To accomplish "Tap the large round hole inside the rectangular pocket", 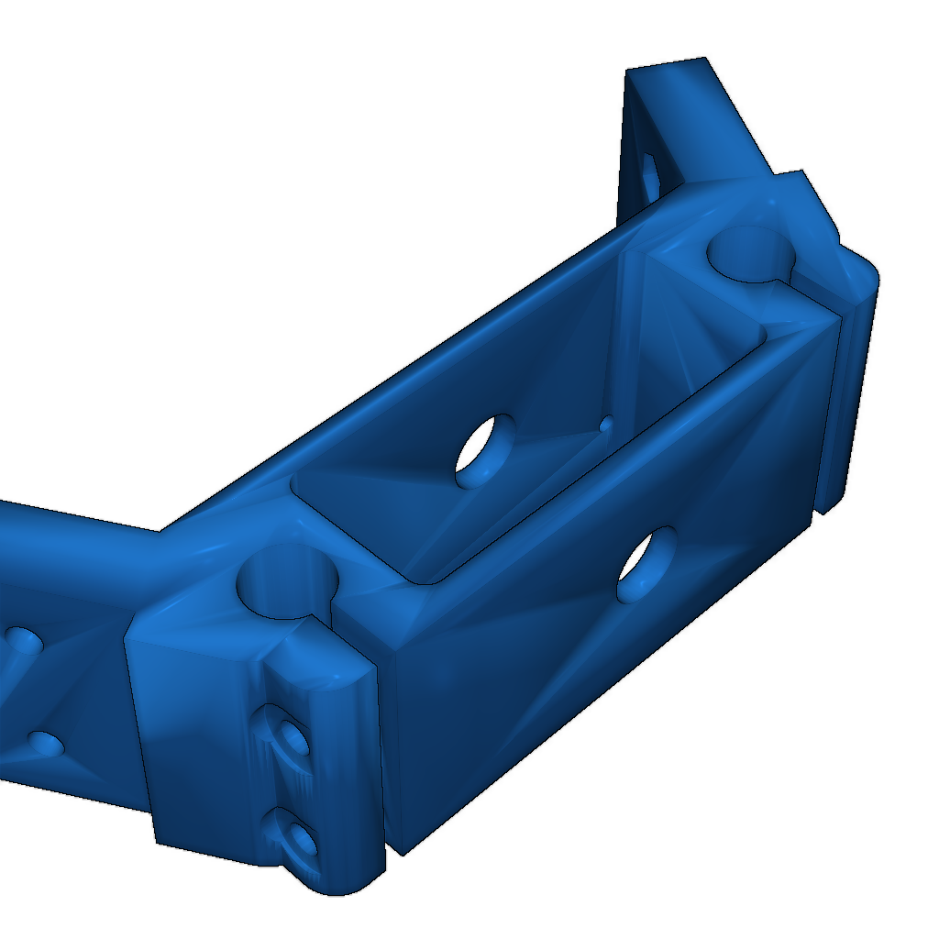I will click(x=485, y=450).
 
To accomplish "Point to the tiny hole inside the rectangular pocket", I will click(x=605, y=424).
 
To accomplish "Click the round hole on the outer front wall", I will click(x=647, y=564).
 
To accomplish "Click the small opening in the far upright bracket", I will click(x=649, y=174).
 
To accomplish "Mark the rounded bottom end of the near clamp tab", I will click(x=339, y=880).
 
